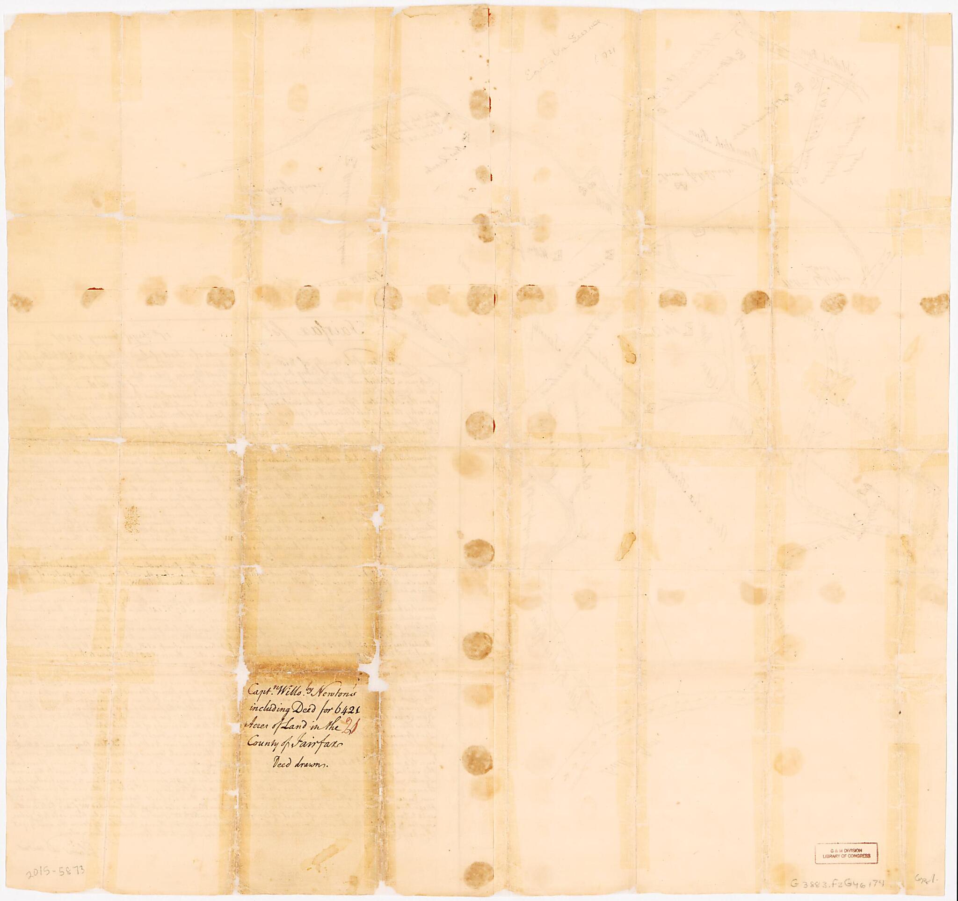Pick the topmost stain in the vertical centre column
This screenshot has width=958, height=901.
point(480,19)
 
